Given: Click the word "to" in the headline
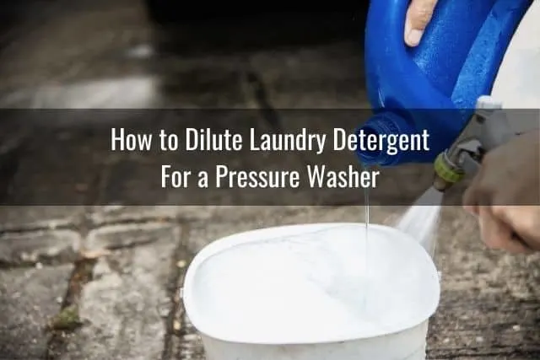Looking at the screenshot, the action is coord(169,141).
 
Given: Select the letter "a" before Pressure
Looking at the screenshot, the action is coord(202,180).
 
